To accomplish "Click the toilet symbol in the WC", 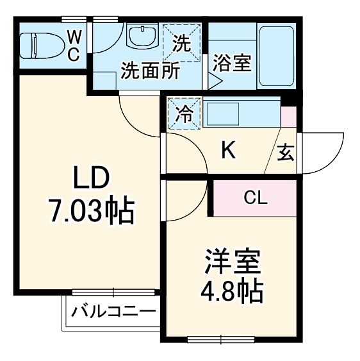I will click(38, 45).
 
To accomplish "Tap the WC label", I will click(73, 45).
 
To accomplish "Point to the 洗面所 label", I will click(150, 70).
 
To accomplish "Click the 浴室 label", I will click(232, 64).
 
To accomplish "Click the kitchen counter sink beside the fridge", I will click(240, 113).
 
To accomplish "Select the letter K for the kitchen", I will click(228, 151).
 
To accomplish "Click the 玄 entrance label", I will click(286, 154).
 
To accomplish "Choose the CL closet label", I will click(255, 198).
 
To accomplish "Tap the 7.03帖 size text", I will click(91, 210).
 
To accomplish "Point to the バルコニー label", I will click(113, 313).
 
